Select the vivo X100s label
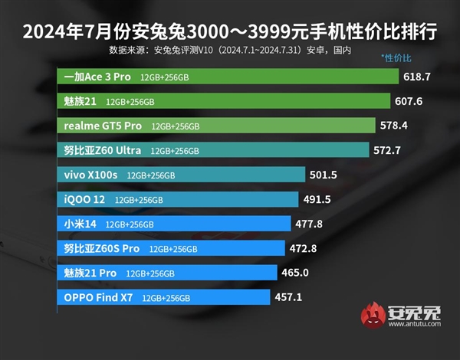click(x=91, y=175)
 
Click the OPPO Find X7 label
click(x=98, y=297)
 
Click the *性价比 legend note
click(x=396, y=58)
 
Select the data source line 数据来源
click(x=230, y=51)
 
